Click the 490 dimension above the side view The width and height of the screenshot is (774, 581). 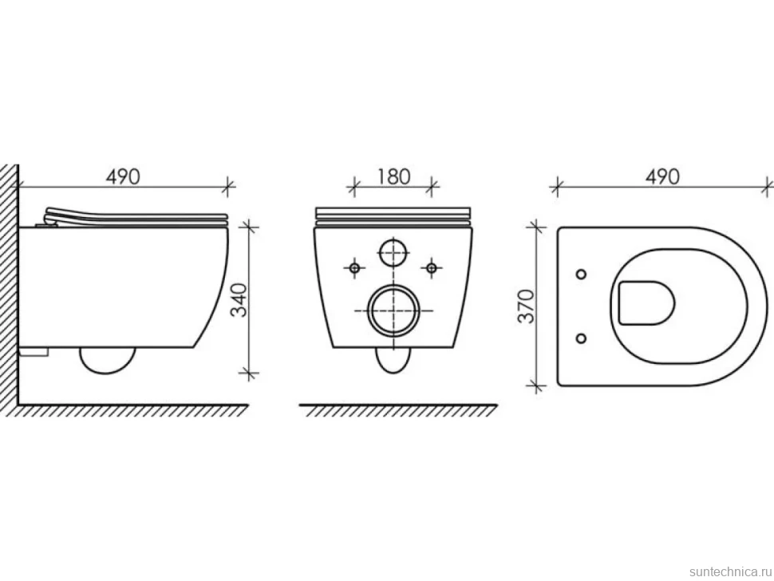click(x=123, y=176)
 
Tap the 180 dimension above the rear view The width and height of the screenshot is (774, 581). click(x=393, y=176)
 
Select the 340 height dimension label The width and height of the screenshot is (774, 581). click(x=239, y=299)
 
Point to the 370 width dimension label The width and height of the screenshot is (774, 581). click(x=526, y=306)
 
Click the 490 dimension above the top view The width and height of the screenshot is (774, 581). click(x=662, y=176)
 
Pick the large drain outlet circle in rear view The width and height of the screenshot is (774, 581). click(x=394, y=311)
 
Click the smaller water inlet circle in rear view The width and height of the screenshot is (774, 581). click(x=393, y=252)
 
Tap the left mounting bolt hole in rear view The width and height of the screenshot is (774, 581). click(x=354, y=268)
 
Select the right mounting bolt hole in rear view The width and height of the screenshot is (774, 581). click(x=432, y=268)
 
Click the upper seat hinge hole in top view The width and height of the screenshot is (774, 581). click(x=582, y=274)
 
